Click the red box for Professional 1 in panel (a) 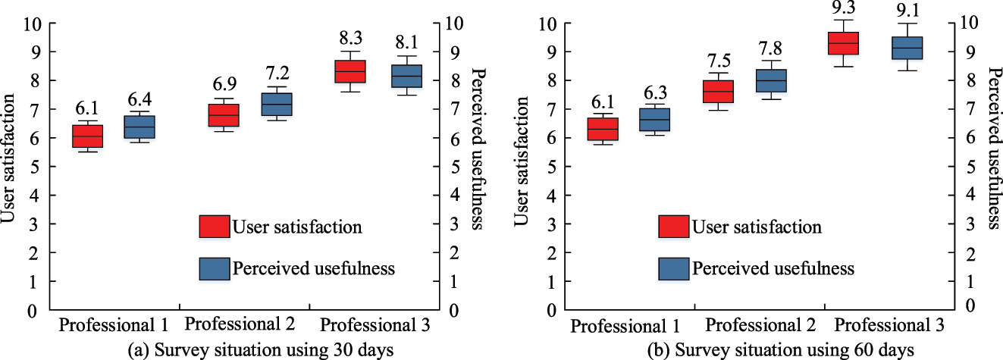tap(87, 136)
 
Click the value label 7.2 tap(278, 74)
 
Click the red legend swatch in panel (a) tap(214, 226)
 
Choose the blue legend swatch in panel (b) tap(673, 268)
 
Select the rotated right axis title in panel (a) tap(478, 149)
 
